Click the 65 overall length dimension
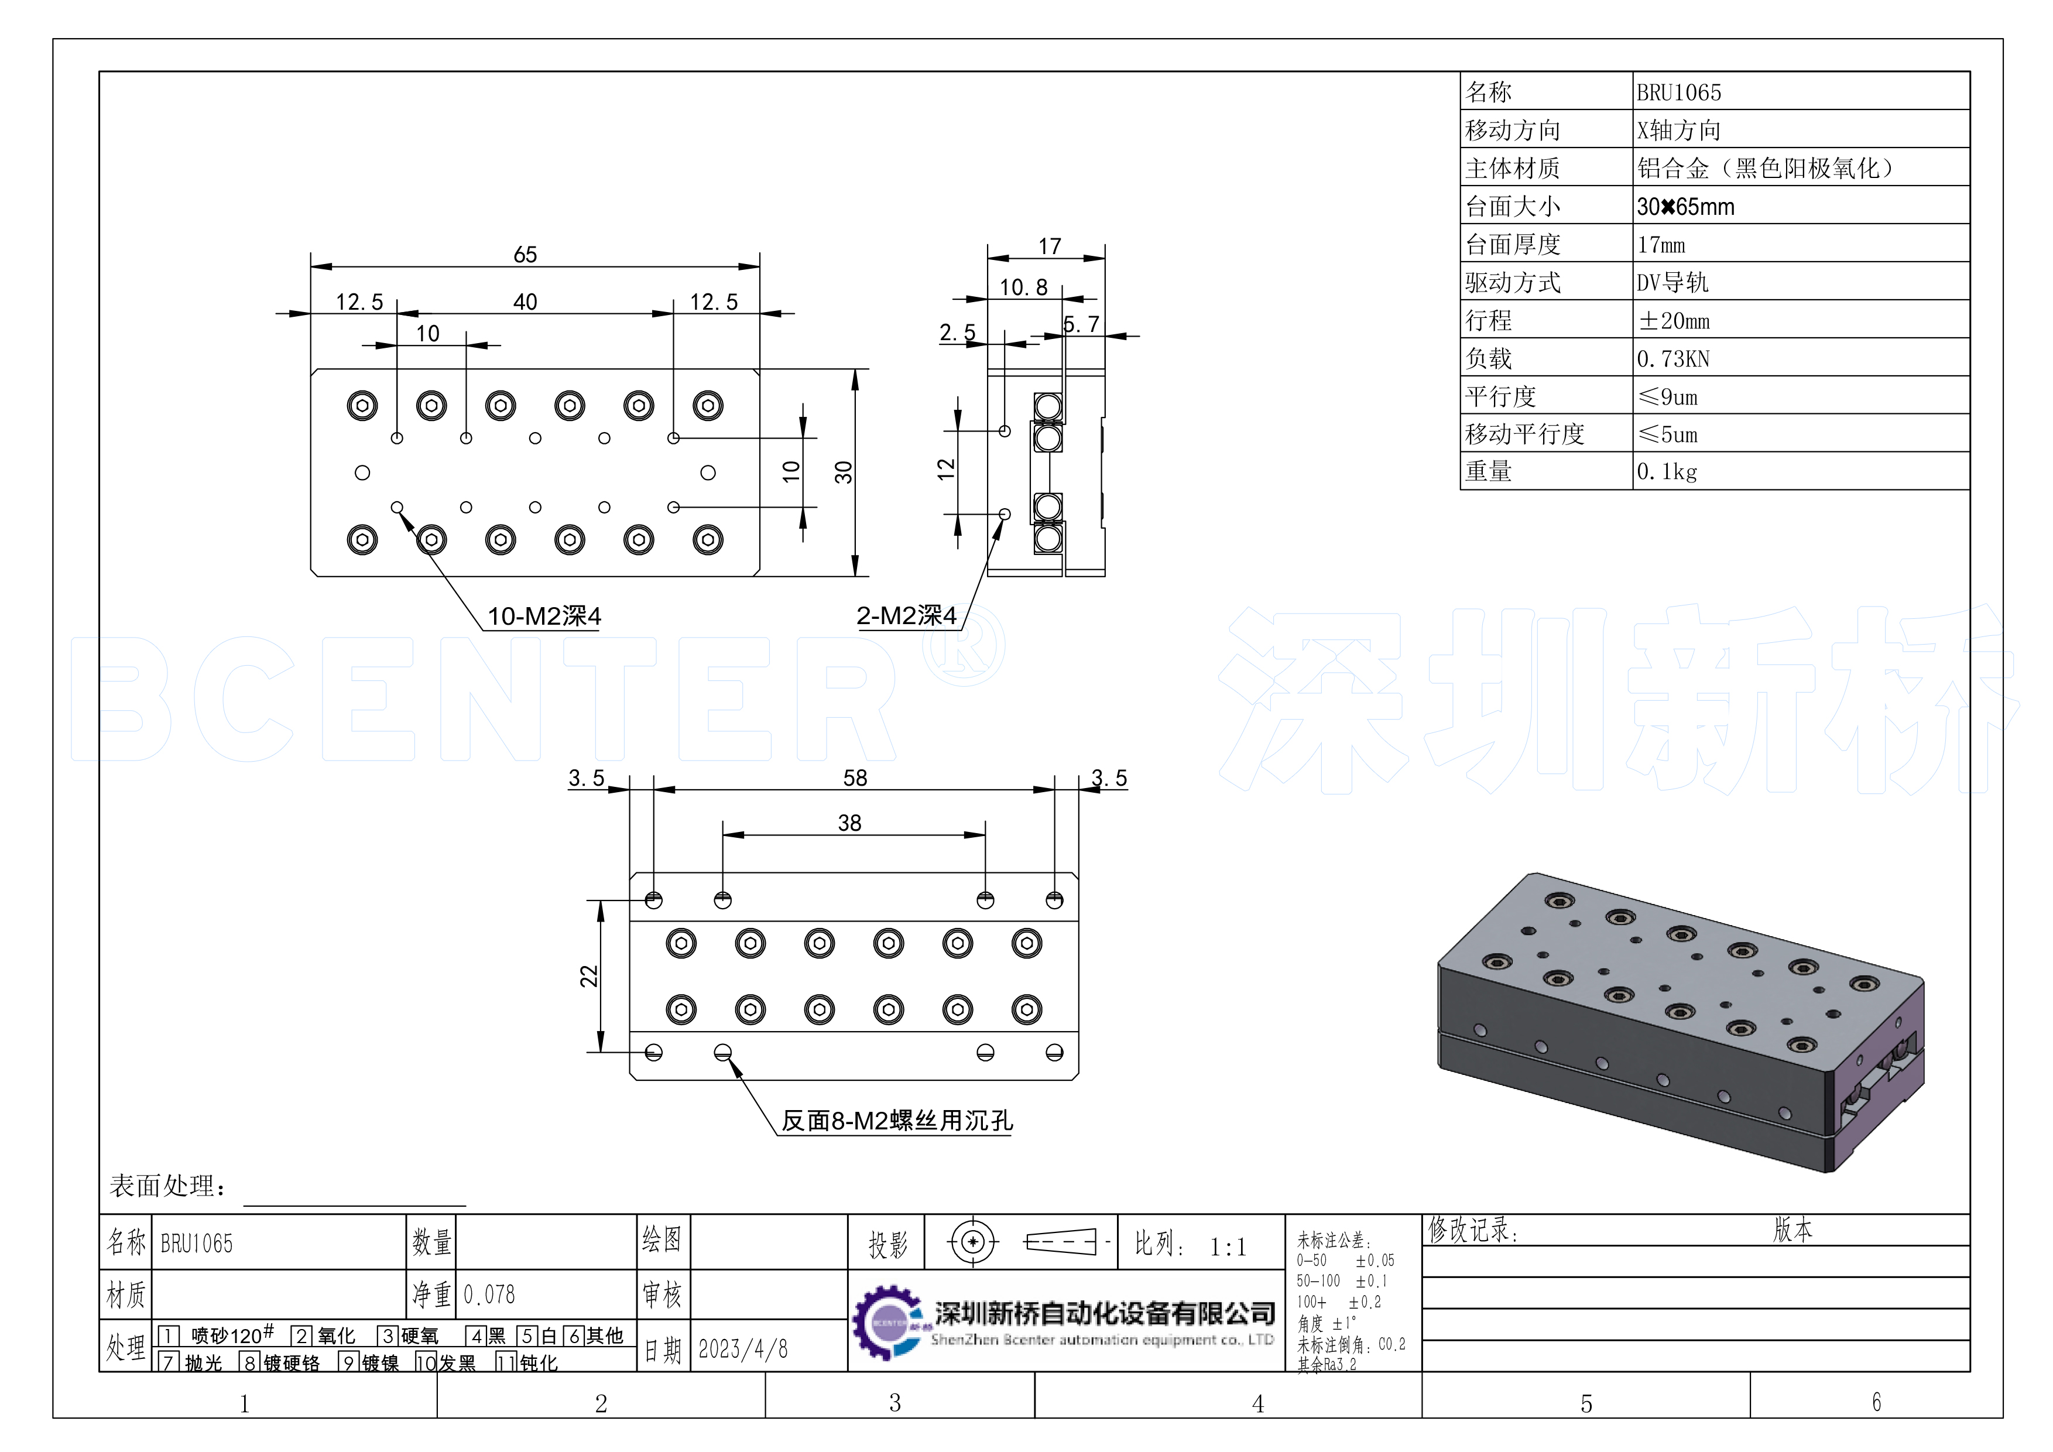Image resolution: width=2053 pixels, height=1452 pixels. (x=525, y=255)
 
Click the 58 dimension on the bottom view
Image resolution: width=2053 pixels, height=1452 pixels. (x=855, y=778)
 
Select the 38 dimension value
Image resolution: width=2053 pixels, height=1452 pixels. (x=849, y=823)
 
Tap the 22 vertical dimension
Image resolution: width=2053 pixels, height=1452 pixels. (x=588, y=975)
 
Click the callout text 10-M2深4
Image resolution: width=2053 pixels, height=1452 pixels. (x=544, y=616)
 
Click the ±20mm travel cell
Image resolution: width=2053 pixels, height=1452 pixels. (x=1673, y=321)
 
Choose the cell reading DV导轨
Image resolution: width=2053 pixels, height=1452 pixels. (x=1672, y=283)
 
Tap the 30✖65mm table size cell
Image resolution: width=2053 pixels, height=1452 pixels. (x=1685, y=207)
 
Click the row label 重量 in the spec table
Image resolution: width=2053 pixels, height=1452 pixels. (x=1488, y=471)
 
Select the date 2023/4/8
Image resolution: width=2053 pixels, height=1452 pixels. (x=743, y=1348)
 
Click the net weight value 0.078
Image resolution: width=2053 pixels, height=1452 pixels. (x=489, y=1294)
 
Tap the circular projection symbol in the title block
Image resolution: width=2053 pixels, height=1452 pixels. (x=973, y=1242)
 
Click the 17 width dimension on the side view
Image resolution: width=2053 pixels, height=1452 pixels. (x=1050, y=246)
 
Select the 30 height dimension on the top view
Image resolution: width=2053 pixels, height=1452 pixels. (x=843, y=472)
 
